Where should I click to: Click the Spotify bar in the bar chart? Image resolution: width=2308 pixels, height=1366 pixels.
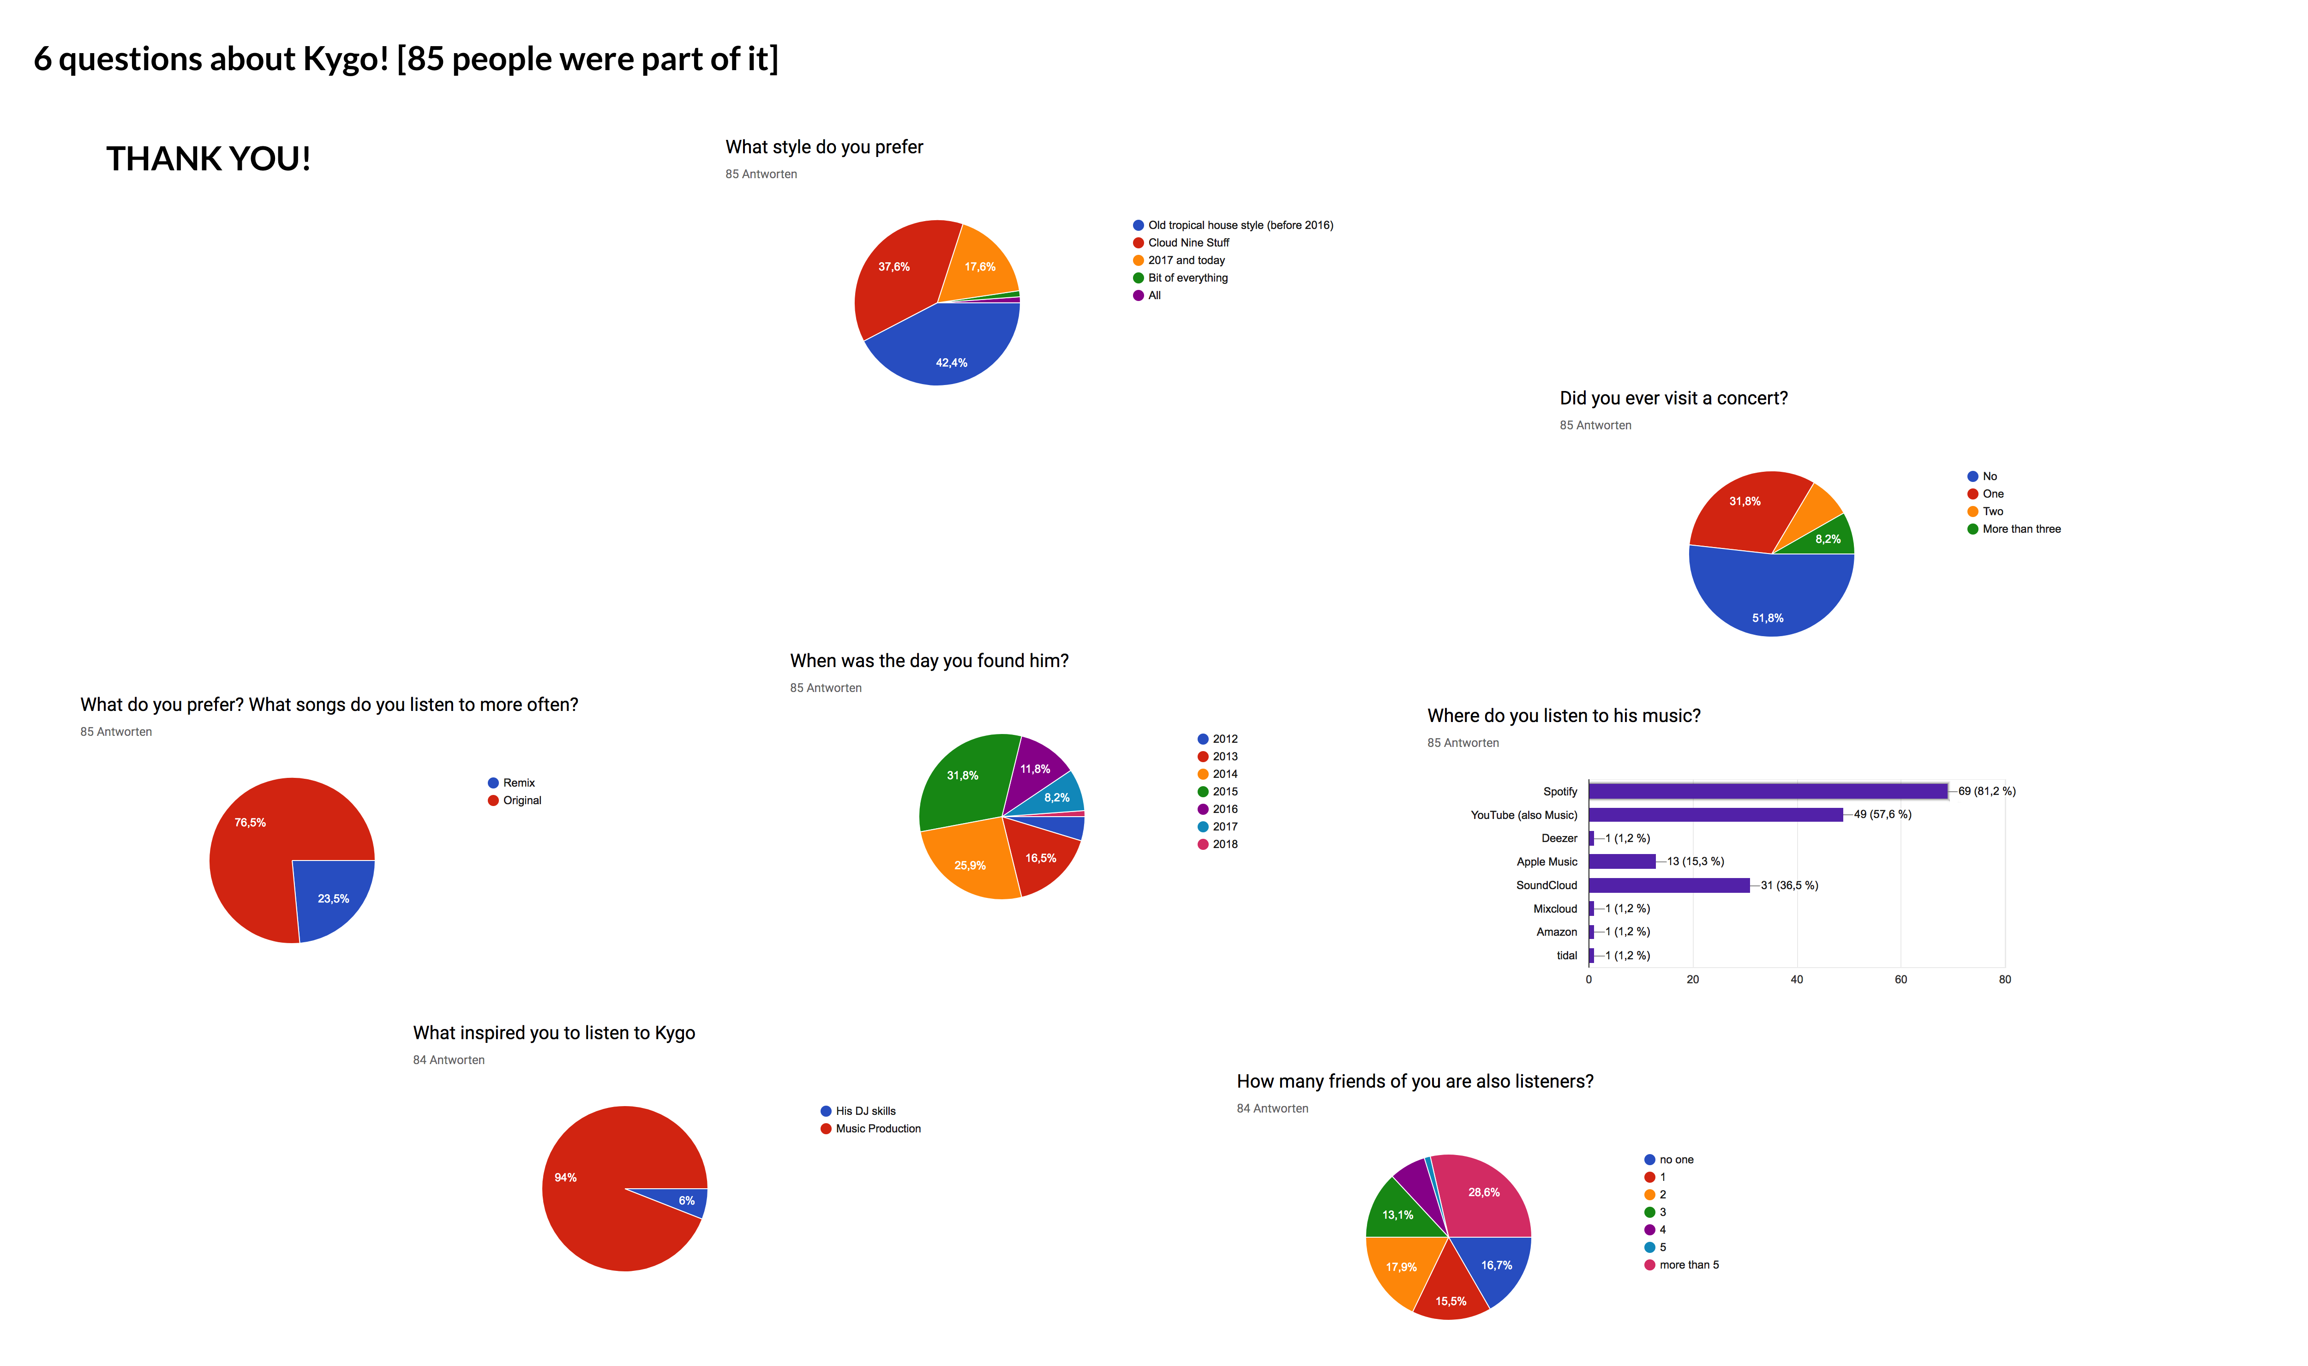pyautogui.click(x=1767, y=791)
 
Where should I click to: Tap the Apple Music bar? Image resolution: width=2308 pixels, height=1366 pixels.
pyautogui.click(x=1621, y=861)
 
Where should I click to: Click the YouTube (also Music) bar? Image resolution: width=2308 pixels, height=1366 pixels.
pyautogui.click(x=1715, y=815)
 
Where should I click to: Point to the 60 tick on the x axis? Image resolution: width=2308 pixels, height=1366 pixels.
pyautogui.click(x=1900, y=980)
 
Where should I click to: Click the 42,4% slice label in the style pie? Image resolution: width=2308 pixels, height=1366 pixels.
pyautogui.click(x=952, y=363)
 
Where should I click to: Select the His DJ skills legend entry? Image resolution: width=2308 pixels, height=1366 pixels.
pyautogui.click(x=864, y=1111)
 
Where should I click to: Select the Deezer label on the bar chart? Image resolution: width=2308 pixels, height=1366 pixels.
pyautogui.click(x=1559, y=838)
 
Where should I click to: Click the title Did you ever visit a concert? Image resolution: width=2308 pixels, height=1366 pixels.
pyautogui.click(x=1673, y=398)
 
